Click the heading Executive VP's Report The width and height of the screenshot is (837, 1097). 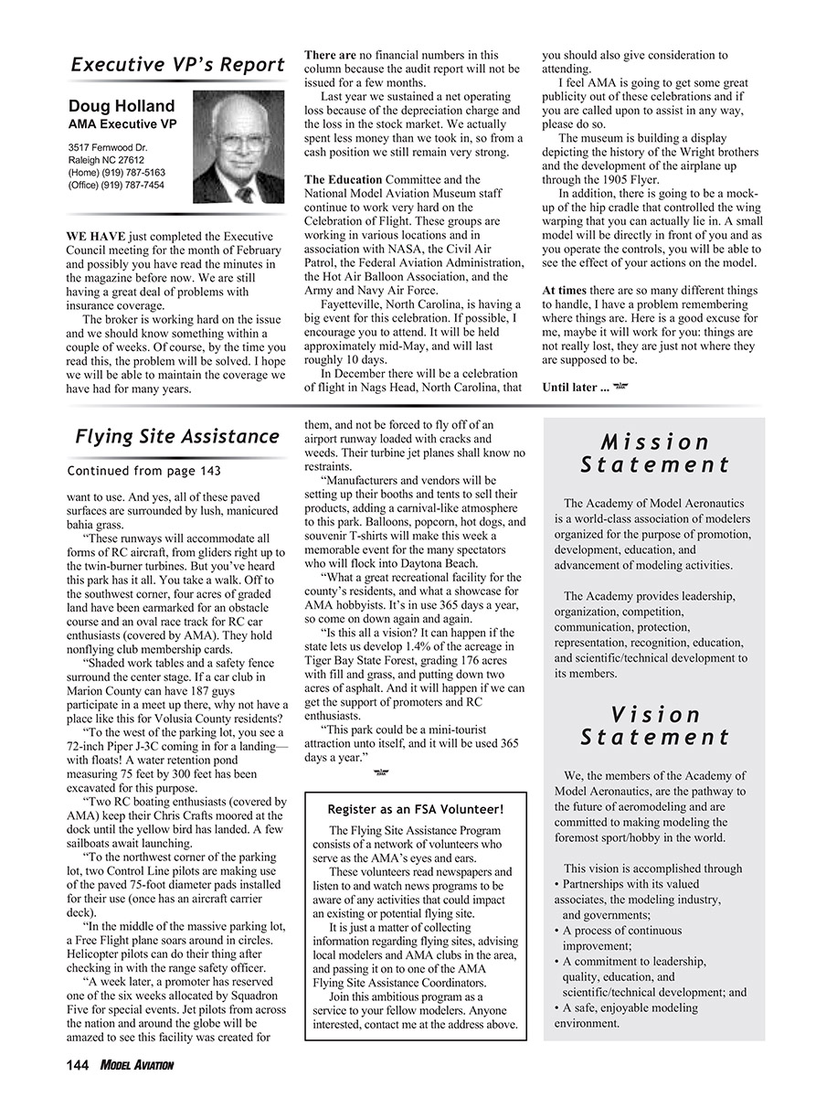coord(178,65)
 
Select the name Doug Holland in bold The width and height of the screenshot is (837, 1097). coord(122,107)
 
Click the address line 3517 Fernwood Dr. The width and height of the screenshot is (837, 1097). coord(108,146)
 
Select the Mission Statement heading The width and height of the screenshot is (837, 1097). coord(656,453)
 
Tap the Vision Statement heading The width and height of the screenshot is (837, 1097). coord(656,726)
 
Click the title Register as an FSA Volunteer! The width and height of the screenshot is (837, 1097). coord(416,809)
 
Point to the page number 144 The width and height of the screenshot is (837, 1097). coord(76,1065)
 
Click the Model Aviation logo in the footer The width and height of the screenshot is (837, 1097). coord(137,1065)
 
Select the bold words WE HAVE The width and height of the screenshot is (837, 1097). coord(96,237)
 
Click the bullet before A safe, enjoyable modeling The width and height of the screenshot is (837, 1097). coord(556,1008)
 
